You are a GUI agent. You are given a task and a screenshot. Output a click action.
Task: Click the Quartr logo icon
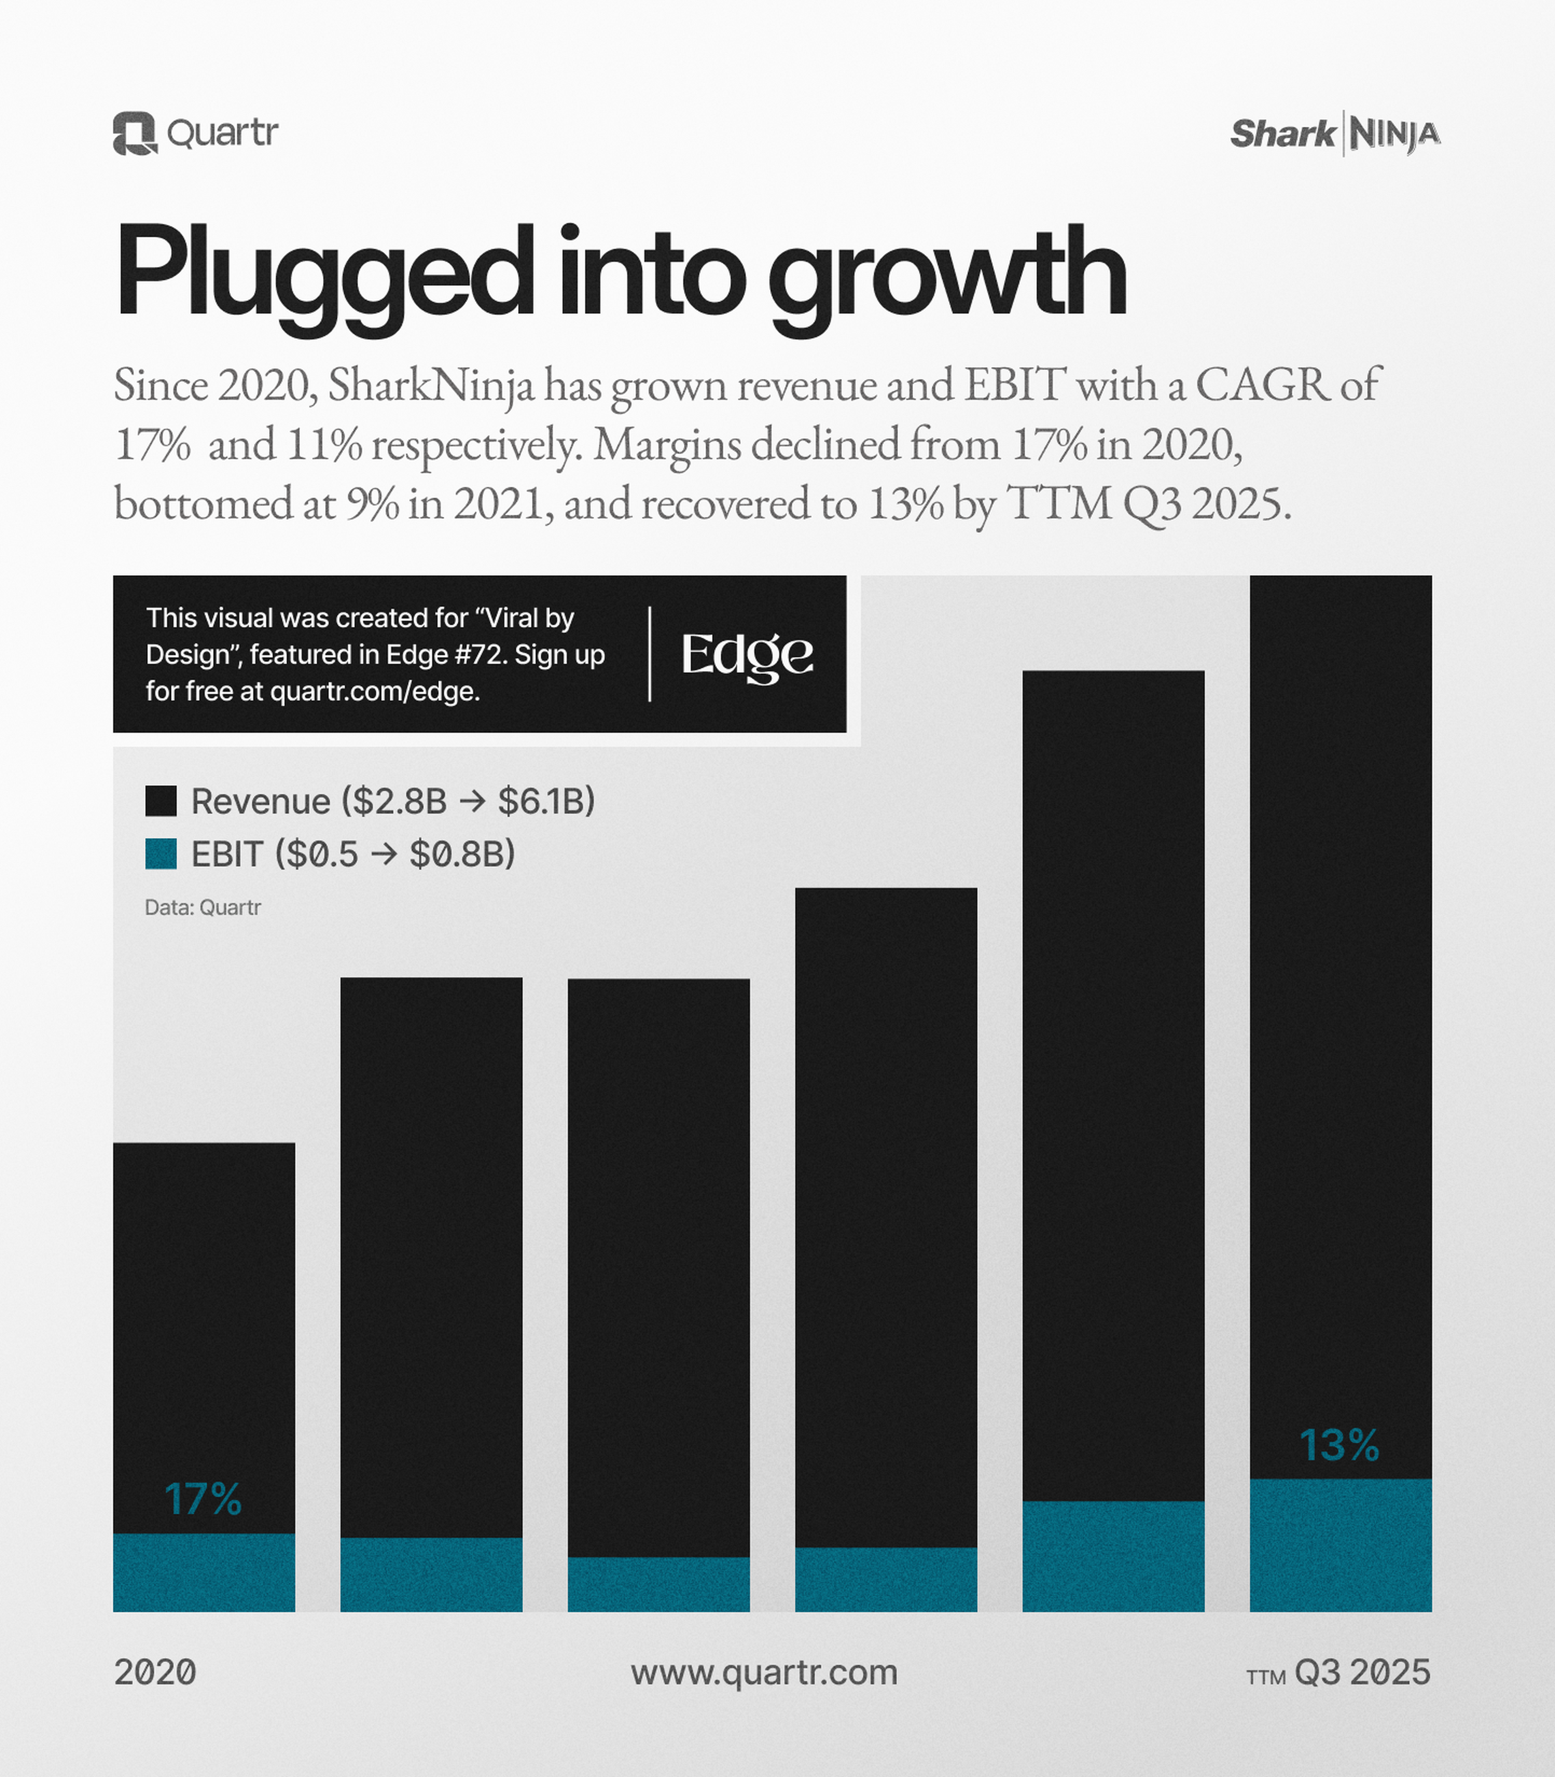[x=134, y=134]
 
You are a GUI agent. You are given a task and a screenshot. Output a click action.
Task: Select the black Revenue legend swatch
[x=160, y=801]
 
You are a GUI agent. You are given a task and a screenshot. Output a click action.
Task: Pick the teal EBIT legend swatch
[x=160, y=854]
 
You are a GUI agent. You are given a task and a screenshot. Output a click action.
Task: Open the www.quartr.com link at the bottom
[x=764, y=1672]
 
